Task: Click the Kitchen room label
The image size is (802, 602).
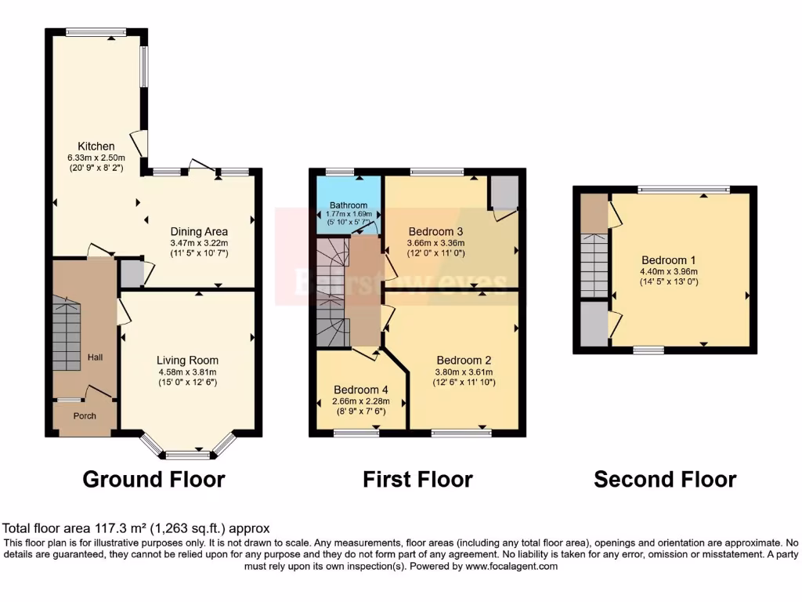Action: point(96,147)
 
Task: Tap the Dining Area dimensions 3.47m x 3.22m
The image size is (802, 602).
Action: point(200,244)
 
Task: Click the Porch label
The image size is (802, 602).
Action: point(85,416)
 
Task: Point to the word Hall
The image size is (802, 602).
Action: point(95,357)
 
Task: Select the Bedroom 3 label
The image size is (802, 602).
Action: point(435,231)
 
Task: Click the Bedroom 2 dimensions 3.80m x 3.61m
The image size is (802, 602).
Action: point(463,372)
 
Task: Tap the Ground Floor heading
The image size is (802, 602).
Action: point(154,479)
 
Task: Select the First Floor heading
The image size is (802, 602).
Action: point(417,479)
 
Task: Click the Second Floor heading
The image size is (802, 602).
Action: point(665,479)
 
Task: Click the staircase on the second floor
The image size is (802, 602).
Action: point(595,266)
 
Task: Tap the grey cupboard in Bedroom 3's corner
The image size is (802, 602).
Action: point(504,191)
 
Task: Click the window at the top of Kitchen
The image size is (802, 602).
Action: point(96,32)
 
